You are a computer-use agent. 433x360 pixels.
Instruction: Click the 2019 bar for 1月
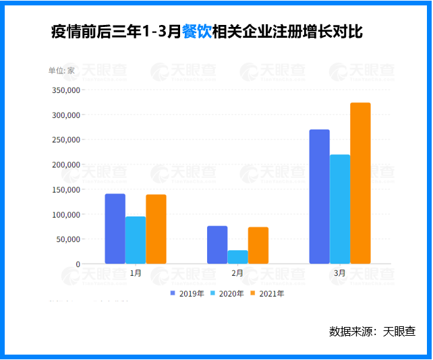coord(115,229)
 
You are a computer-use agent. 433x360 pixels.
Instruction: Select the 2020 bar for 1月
coord(135,240)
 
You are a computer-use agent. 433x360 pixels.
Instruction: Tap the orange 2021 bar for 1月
coord(156,229)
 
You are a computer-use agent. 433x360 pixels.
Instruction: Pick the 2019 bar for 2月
coord(217,245)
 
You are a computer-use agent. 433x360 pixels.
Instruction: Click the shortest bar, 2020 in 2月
coord(237,257)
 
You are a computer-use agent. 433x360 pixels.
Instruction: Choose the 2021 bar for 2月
coord(258,245)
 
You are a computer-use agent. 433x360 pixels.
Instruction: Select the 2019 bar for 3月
coord(320,196)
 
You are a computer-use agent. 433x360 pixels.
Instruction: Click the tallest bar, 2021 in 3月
coord(361,183)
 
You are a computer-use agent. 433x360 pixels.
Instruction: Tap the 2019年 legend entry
coord(187,293)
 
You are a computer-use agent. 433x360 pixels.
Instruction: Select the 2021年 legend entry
coord(266,293)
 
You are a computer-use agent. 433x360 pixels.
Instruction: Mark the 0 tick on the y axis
coord(78,264)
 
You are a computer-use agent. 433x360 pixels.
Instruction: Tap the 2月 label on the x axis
coord(237,274)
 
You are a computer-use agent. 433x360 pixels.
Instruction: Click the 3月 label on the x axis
coord(340,274)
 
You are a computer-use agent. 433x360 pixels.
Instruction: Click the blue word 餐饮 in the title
coord(196,32)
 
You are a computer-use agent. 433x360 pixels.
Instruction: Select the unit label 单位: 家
coord(61,70)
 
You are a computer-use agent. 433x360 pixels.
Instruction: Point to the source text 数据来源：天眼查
coord(372,331)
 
